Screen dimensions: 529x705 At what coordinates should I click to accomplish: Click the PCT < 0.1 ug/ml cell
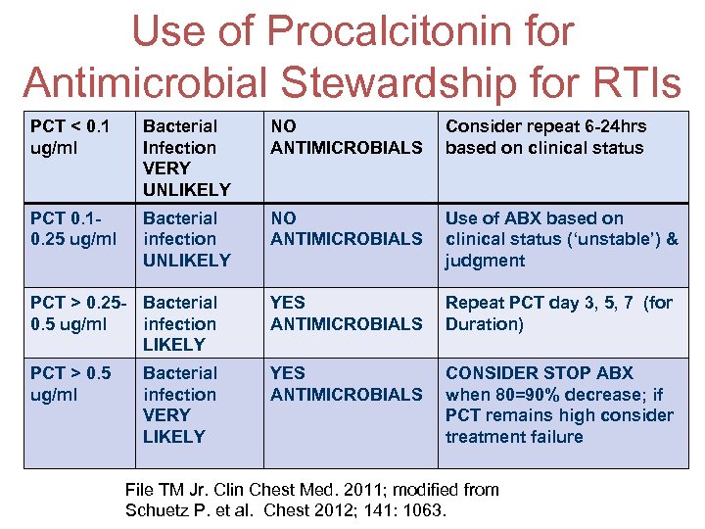pyautogui.click(x=70, y=137)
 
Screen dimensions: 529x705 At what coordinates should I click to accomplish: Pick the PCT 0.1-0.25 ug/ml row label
pyautogui.click(x=73, y=228)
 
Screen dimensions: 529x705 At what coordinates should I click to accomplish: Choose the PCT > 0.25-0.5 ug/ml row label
pyautogui.click(x=76, y=313)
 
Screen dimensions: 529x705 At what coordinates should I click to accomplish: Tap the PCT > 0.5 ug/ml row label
pyautogui.click(x=70, y=384)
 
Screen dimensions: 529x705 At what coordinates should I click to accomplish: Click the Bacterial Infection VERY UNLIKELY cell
pyautogui.click(x=186, y=158)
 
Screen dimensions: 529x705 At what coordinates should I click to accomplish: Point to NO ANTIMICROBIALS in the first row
pyautogui.click(x=346, y=137)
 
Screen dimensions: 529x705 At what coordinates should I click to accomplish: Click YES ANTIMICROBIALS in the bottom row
pyautogui.click(x=346, y=384)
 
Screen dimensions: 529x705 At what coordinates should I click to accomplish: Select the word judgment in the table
pyautogui.click(x=485, y=261)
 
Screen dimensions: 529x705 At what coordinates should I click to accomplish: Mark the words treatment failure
pyautogui.click(x=513, y=437)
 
